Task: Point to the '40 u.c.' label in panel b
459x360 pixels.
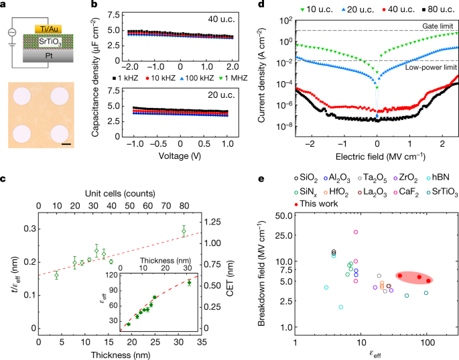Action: (218, 19)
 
